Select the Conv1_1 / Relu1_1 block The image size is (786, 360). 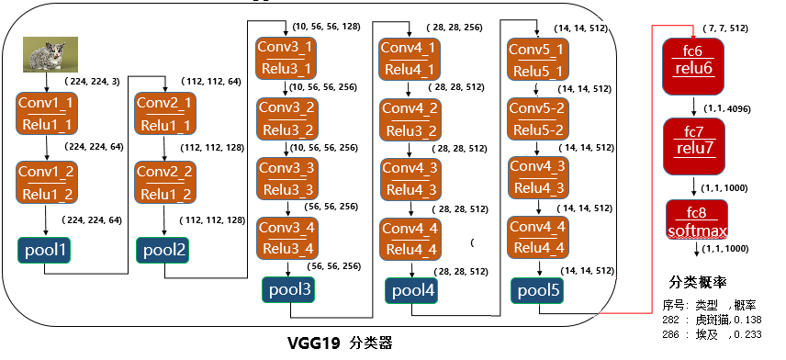pyautogui.click(x=47, y=115)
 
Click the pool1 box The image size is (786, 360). pyautogui.click(x=45, y=250)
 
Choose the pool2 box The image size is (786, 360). pyautogui.click(x=164, y=250)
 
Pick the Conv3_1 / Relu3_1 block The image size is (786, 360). pyautogui.click(x=285, y=58)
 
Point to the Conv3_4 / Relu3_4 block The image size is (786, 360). pyautogui.click(x=286, y=238)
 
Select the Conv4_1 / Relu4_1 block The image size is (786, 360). pyautogui.click(x=410, y=58)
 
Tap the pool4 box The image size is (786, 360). pyautogui.click(x=412, y=290)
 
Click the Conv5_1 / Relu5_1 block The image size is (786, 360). pyautogui.click(x=537, y=58)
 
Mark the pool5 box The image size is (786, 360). pyautogui.click(x=537, y=290)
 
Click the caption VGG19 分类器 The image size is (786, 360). pyautogui.click(x=340, y=343)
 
